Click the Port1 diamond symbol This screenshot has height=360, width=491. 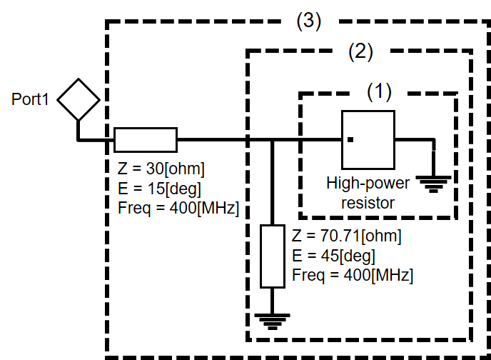pyautogui.click(x=78, y=99)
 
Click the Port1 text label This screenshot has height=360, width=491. pyautogui.click(x=30, y=99)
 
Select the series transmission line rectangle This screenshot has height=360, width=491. pyautogui.click(x=146, y=140)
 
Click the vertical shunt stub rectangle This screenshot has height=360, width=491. pyautogui.click(x=271, y=256)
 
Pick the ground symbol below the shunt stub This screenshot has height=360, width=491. pyautogui.click(x=271, y=321)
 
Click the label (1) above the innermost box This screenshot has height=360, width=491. pyautogui.click(x=380, y=91)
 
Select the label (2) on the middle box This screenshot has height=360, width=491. pyautogui.click(x=360, y=51)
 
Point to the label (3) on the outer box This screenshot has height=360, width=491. pyautogui.click(x=309, y=21)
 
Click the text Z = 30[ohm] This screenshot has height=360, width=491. pyautogui.click(x=161, y=169)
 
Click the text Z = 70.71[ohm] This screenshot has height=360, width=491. pyautogui.click(x=347, y=236)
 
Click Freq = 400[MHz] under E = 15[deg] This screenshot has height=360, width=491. pyautogui.click(x=178, y=208)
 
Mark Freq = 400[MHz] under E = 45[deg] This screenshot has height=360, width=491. pyautogui.click(x=353, y=274)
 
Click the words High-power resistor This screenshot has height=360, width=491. pyautogui.click(x=368, y=193)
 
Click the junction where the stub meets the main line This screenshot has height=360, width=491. pyautogui.click(x=272, y=140)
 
